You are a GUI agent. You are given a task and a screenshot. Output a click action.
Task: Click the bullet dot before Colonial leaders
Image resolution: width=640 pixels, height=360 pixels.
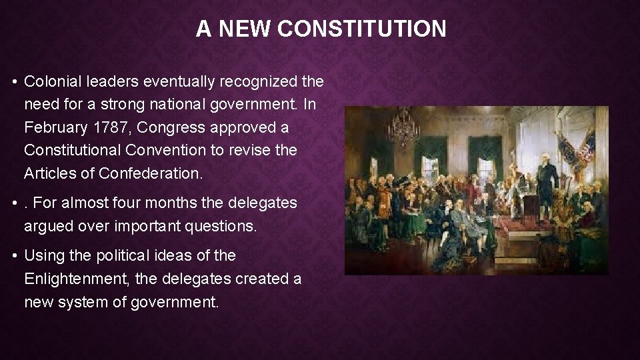[14, 82]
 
